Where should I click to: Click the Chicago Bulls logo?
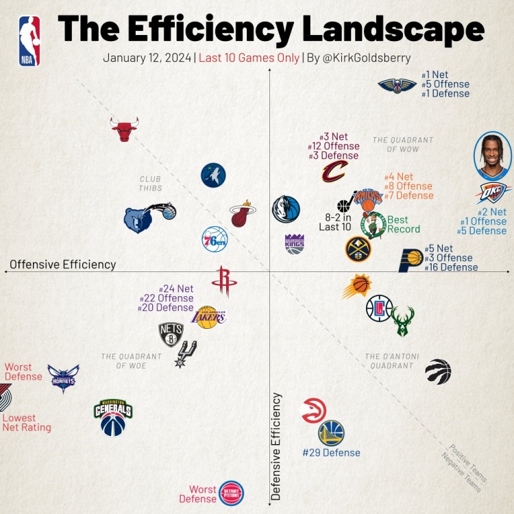tap(124, 128)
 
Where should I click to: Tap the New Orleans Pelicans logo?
tap(397, 85)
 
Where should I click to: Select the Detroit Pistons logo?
tap(231, 493)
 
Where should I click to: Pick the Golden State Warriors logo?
tap(331, 433)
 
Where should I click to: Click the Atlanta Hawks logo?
tap(314, 411)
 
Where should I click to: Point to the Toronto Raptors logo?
tap(438, 371)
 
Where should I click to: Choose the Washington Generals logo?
tap(112, 417)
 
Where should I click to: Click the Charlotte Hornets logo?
tap(63, 378)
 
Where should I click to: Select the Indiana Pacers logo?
tap(411, 260)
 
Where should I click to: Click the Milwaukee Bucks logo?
tap(403, 321)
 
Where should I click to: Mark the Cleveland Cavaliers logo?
tap(334, 171)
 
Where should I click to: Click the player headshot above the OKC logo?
tap(493, 156)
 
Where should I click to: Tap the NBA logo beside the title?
tap(29, 41)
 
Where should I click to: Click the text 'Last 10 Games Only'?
tap(249, 58)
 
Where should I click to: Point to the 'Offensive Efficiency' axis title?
tap(63, 265)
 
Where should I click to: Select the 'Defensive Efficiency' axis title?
tap(278, 446)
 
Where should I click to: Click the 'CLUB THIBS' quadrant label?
tap(150, 184)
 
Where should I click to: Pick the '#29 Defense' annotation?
tap(331, 452)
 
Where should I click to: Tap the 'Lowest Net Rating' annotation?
tap(27, 423)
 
